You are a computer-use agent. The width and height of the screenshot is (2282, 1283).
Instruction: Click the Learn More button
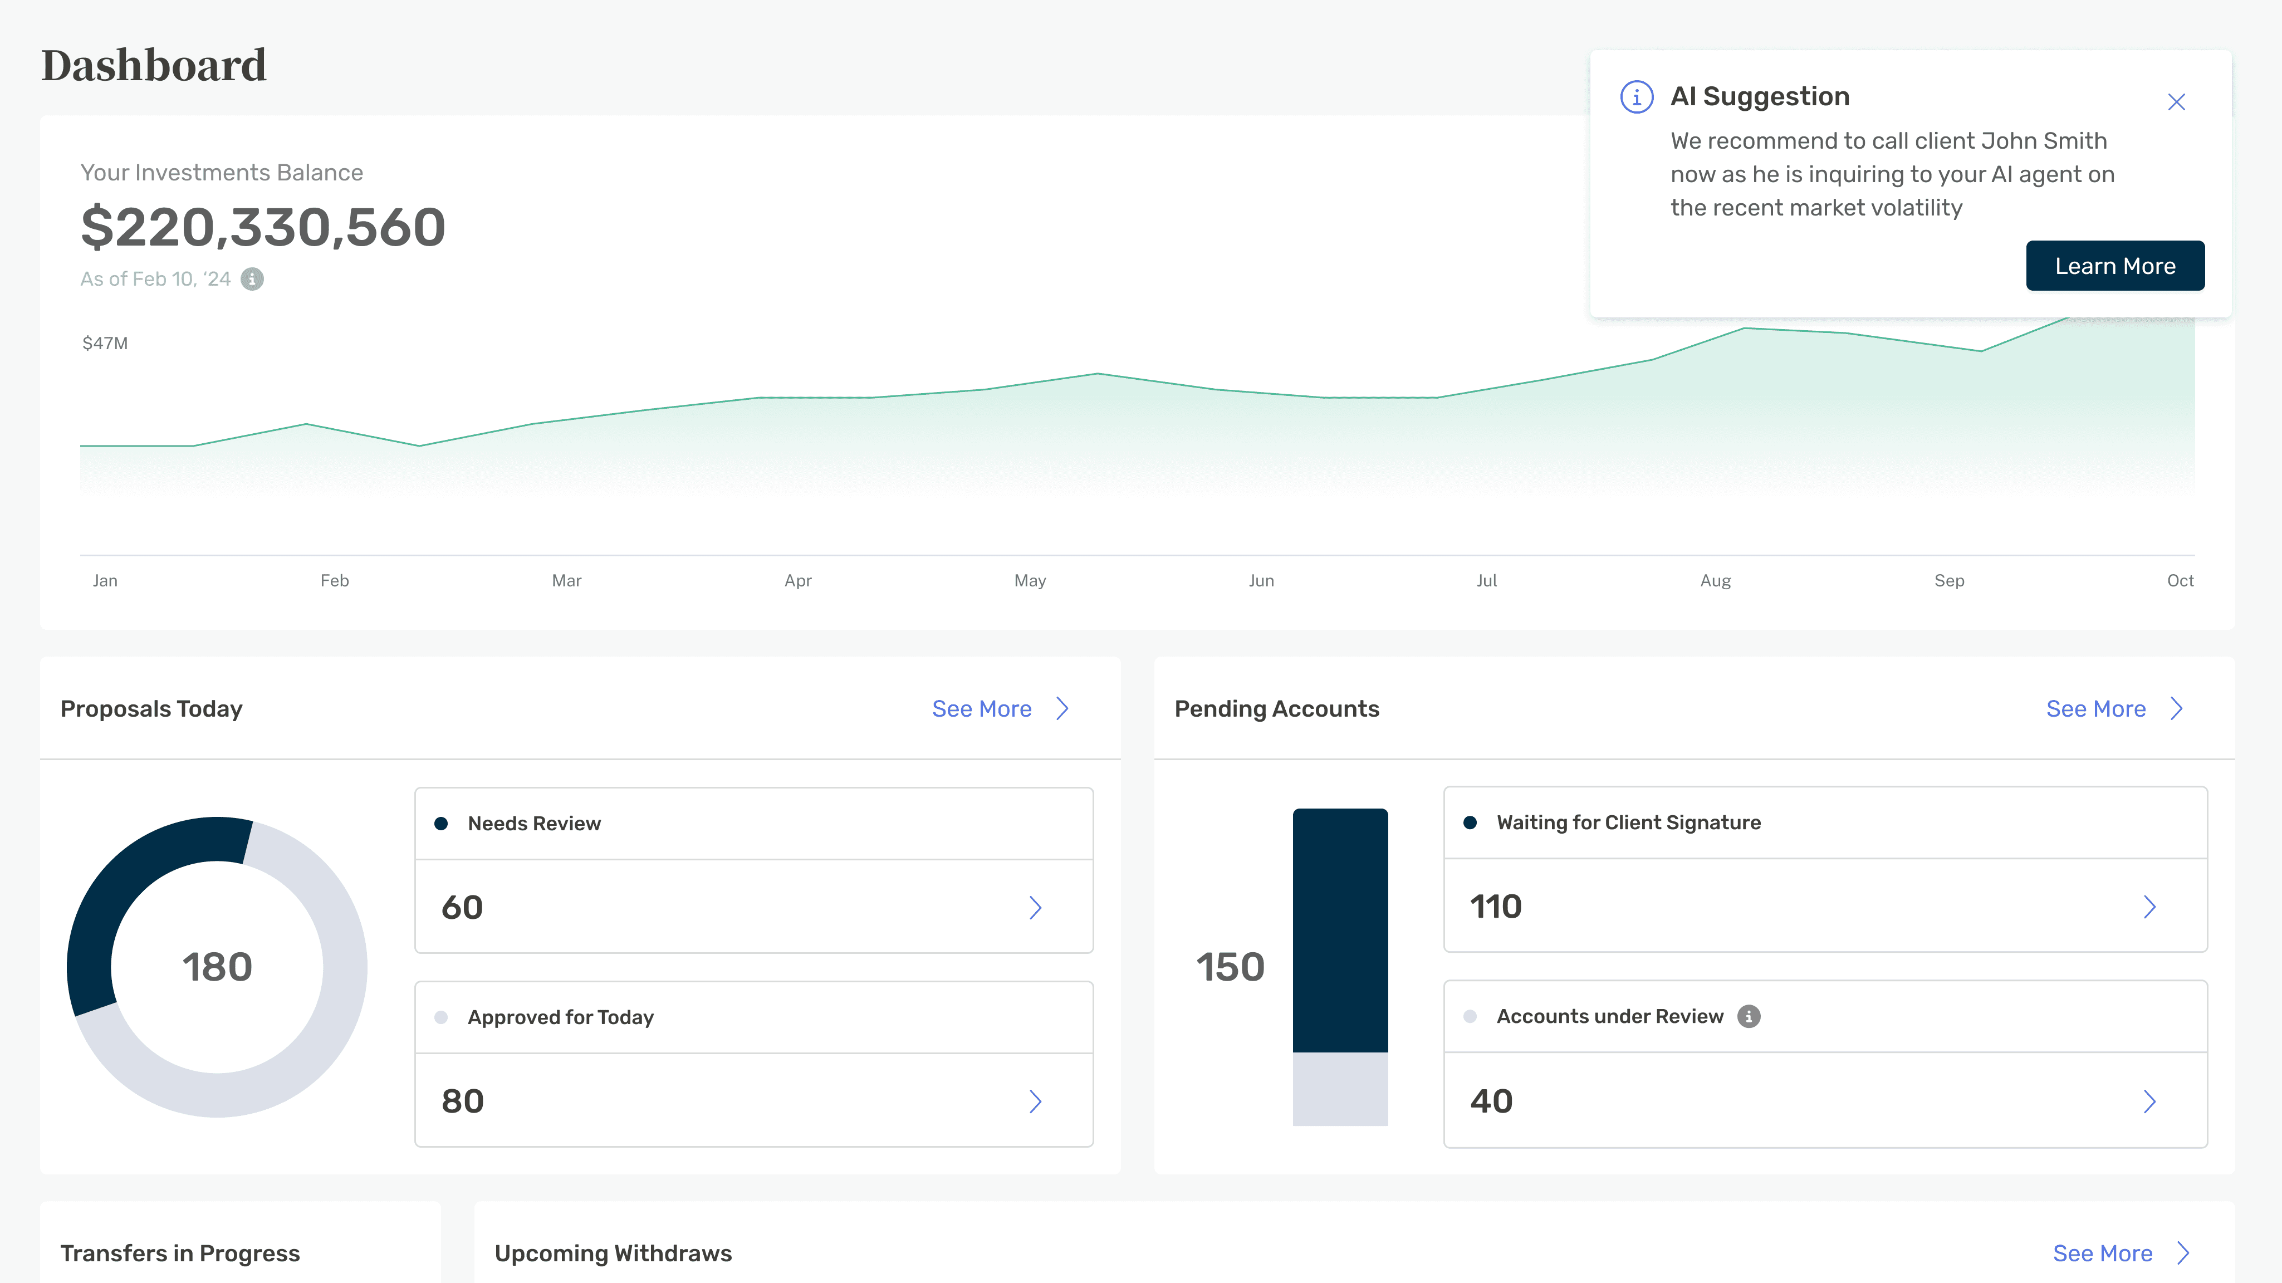[2114, 266]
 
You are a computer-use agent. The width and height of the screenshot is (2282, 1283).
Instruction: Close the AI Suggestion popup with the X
[2177, 102]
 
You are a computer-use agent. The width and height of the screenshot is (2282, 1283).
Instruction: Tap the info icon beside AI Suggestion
[1636, 96]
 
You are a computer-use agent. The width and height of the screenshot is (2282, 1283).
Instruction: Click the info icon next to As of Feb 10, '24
[252, 279]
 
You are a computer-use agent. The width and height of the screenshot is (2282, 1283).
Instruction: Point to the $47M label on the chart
[105, 343]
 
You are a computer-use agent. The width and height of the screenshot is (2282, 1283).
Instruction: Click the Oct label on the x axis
[2180, 580]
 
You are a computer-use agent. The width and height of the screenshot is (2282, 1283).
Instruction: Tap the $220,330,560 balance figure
[263, 227]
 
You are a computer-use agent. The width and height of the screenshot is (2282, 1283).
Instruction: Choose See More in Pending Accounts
[2114, 709]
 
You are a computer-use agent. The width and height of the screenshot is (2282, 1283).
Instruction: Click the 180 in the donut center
[217, 967]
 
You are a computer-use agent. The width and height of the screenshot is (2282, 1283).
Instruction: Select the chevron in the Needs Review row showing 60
[1035, 907]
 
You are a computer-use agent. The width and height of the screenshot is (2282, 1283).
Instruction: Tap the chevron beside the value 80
[1035, 1101]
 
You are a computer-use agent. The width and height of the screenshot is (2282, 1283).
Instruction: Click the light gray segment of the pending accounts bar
[1340, 1089]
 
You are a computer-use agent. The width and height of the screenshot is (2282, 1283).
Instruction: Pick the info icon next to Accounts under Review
[1749, 1016]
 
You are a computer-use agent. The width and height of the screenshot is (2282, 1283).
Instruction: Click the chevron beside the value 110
[2149, 907]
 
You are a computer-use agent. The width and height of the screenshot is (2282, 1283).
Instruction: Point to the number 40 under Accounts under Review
[1492, 1101]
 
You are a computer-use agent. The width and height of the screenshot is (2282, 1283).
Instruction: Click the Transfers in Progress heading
[180, 1253]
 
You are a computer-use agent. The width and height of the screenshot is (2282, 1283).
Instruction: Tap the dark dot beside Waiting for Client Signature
[1470, 822]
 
